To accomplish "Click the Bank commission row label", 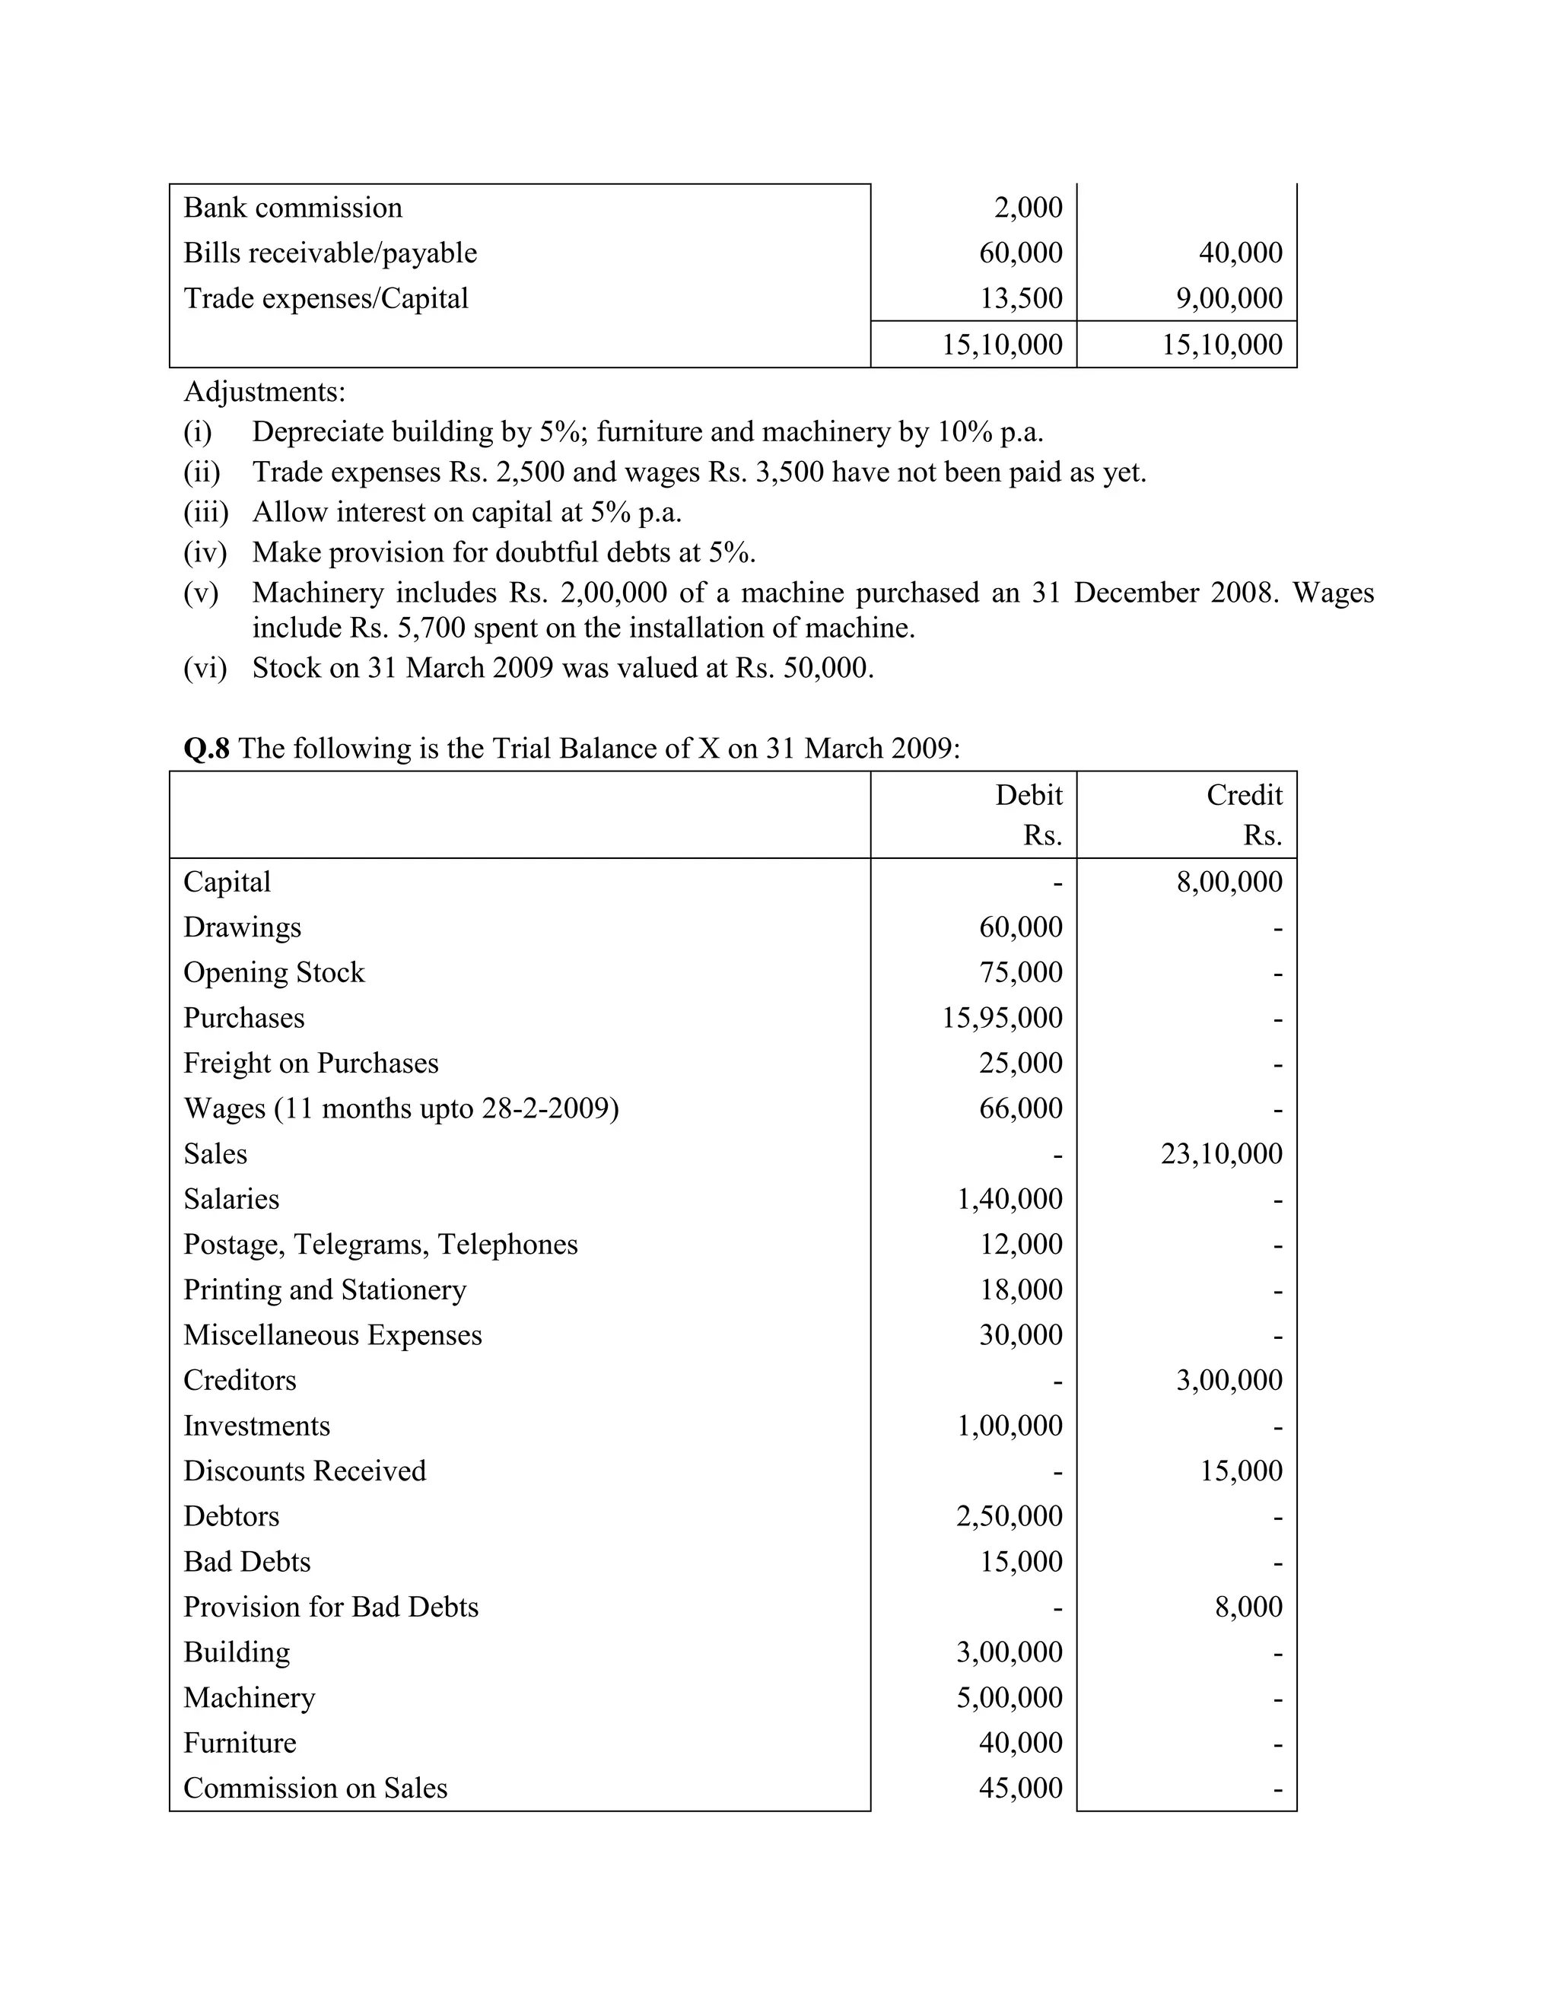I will [293, 208].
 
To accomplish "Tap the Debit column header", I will [1029, 796].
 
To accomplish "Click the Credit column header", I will [1243, 796].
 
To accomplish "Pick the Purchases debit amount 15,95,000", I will [1001, 1018].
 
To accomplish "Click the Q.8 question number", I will [206, 749].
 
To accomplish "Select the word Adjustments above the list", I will [264, 393].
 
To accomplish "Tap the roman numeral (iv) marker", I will [205, 553].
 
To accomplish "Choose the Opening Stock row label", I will [274, 973].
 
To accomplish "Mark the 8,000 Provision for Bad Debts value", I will [1248, 1607].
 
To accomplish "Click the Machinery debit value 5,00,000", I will [1009, 1697].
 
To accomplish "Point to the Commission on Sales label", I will [315, 1788].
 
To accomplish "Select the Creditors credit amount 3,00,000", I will [1229, 1381].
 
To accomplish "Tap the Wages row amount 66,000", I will [1020, 1108].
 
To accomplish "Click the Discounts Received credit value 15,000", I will [1241, 1471].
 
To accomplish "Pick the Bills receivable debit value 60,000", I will [1020, 253].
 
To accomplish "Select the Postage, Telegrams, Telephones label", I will [380, 1245].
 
